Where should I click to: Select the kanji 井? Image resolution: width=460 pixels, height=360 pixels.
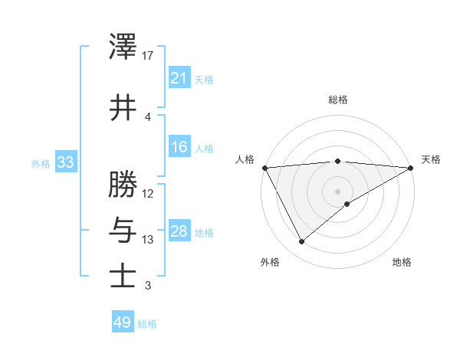click(x=123, y=107)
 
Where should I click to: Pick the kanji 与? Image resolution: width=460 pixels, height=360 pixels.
click(x=123, y=229)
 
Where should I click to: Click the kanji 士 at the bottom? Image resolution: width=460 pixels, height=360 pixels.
click(x=123, y=276)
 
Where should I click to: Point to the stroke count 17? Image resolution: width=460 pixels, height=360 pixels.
click(x=148, y=56)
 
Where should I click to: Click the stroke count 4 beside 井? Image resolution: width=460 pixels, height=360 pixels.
click(x=148, y=117)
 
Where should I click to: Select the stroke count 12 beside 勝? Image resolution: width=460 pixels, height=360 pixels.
click(x=148, y=193)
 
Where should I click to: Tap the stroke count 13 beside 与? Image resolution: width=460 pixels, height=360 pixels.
click(x=148, y=240)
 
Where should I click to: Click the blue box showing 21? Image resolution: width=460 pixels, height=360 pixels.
click(x=179, y=77)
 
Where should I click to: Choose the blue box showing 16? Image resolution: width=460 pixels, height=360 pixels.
click(x=179, y=147)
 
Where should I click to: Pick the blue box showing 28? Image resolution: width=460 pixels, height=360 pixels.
click(x=179, y=231)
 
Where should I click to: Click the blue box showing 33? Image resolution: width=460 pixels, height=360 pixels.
click(x=65, y=162)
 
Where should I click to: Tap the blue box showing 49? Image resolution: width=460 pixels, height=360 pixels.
click(x=123, y=322)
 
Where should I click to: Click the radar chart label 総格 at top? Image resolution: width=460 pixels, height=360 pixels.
click(x=337, y=100)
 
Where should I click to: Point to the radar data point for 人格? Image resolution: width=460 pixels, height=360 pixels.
click(x=264, y=168)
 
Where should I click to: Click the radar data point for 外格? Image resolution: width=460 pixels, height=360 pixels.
click(x=301, y=242)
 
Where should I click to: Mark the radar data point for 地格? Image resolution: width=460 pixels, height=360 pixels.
click(x=347, y=204)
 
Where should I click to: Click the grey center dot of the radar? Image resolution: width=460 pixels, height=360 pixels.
click(x=337, y=191)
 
